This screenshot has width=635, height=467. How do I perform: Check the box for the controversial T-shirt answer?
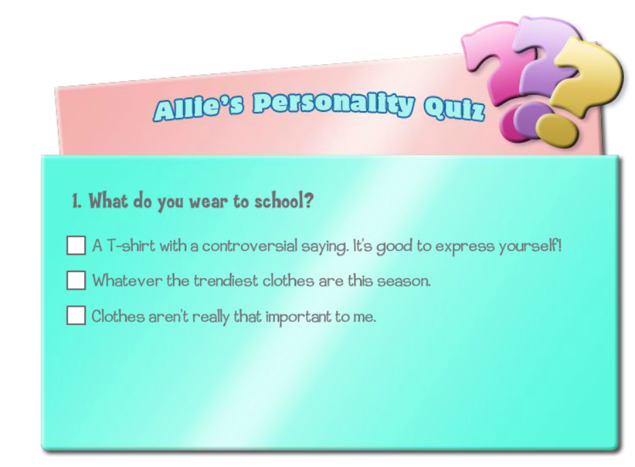(x=76, y=245)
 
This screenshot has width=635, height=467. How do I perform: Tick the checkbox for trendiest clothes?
(x=76, y=280)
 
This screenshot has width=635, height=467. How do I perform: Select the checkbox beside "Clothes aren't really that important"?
(x=76, y=315)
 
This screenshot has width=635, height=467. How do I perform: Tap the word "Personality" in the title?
(x=334, y=104)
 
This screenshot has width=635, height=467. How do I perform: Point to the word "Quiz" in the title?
(x=455, y=108)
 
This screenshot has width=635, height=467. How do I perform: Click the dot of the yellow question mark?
(x=557, y=130)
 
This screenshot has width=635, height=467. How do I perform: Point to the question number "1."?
(x=76, y=201)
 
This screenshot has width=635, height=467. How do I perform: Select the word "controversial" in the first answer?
(x=250, y=246)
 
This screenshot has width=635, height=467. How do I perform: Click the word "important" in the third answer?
(x=298, y=317)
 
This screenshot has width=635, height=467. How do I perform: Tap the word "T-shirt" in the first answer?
(x=131, y=246)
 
